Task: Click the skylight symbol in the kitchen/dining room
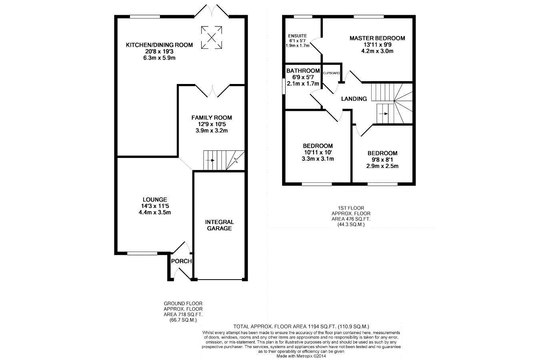pyautogui.click(x=212, y=37)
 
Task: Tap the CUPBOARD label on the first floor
pyautogui.click(x=331, y=73)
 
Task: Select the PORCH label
pyautogui.click(x=181, y=261)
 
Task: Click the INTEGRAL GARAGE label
pyautogui.click(x=219, y=225)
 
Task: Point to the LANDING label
pyautogui.click(x=354, y=99)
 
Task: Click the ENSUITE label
pyautogui.click(x=298, y=36)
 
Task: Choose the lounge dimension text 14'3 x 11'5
pyautogui.click(x=155, y=206)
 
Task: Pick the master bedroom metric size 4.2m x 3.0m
pyautogui.click(x=377, y=51)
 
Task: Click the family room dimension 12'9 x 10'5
pyautogui.click(x=212, y=124)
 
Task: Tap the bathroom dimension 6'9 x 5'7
pyautogui.click(x=303, y=78)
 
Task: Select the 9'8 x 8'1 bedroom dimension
pyautogui.click(x=382, y=160)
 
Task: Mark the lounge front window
pyautogui.click(x=142, y=253)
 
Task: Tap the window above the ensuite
pyautogui.click(x=303, y=17)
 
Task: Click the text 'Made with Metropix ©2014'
pyautogui.click(x=301, y=356)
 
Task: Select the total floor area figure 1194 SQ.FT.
pyautogui.click(x=322, y=327)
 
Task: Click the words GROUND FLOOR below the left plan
pyautogui.click(x=183, y=303)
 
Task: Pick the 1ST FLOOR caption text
pyautogui.click(x=351, y=208)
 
